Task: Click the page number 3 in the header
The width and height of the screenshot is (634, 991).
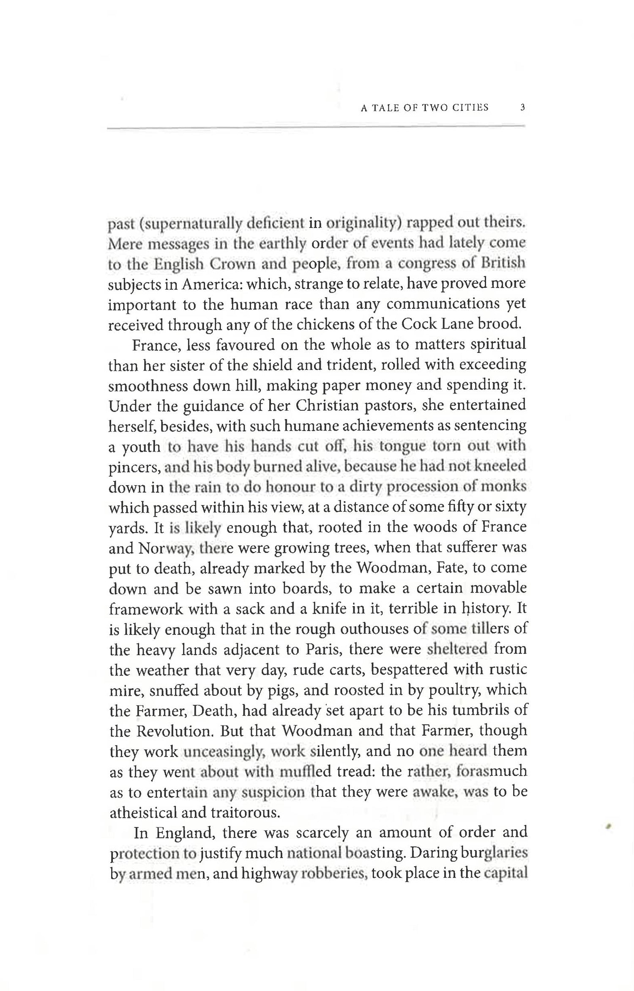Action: point(522,107)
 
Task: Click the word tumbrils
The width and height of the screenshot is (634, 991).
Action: point(478,710)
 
